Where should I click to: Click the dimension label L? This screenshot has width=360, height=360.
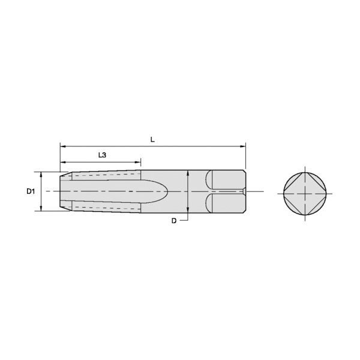coord(152,139)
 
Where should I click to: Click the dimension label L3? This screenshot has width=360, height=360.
coord(102,155)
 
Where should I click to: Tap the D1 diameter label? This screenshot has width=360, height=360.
coord(31,191)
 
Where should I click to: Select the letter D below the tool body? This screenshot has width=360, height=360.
coord(174,221)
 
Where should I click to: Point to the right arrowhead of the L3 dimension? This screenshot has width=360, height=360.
coord(138,162)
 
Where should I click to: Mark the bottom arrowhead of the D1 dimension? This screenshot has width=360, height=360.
coord(41,208)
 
